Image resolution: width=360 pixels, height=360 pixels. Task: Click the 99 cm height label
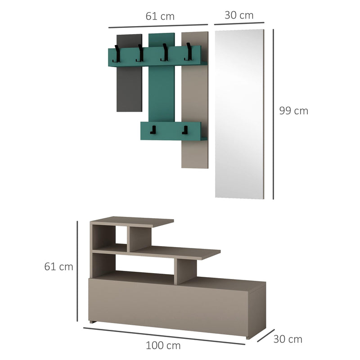[x=293, y=111]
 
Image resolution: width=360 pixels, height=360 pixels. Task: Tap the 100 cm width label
[x=163, y=346]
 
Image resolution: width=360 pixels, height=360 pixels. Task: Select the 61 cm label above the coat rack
[x=160, y=17]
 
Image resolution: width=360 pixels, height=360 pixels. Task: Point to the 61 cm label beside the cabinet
[x=58, y=266]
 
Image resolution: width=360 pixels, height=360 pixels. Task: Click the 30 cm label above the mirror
[x=239, y=15]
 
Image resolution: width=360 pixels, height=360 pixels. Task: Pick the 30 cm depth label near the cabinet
[x=288, y=339]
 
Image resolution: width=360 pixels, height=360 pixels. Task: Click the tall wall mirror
[x=238, y=112]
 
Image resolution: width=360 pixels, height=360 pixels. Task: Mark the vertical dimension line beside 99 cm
[x=273, y=113]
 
